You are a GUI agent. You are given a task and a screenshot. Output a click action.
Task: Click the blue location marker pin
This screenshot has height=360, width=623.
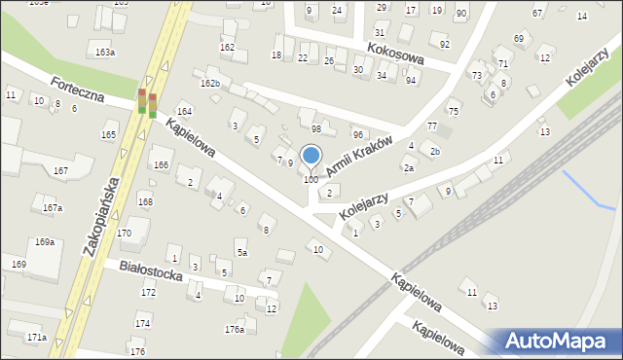tap(311, 156)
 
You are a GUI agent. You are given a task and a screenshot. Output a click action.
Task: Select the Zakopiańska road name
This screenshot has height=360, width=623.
tap(101, 216)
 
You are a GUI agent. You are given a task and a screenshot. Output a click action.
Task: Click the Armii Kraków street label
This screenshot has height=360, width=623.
tap(358, 157)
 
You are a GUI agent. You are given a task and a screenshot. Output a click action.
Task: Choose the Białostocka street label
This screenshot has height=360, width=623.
tap(151, 270)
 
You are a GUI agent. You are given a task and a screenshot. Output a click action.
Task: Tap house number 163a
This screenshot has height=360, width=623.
tap(104, 52)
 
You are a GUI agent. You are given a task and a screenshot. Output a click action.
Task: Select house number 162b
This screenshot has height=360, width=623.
tap(210, 84)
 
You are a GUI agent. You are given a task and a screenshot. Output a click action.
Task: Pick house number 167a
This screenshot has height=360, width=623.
tap(53, 208)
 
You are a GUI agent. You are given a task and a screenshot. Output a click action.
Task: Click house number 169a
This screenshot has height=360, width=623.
tap(45, 241)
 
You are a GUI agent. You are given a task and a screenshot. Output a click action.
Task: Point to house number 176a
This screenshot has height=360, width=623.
tap(235, 329)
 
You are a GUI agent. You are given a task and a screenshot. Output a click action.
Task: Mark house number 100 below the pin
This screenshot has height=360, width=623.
tap(311, 180)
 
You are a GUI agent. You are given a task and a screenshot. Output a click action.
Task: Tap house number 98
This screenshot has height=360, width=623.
tap(316, 129)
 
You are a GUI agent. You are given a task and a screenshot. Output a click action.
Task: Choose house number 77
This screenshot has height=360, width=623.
tap(431, 126)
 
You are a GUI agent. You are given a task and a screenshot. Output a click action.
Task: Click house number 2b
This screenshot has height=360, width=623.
tap(435, 152)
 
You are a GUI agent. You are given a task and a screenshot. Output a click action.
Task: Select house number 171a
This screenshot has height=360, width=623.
tap(36, 337)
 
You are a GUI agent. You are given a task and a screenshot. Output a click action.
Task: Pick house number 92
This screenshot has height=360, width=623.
tap(445, 45)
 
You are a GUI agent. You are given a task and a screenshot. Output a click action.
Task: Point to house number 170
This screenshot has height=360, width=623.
tap(124, 234)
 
